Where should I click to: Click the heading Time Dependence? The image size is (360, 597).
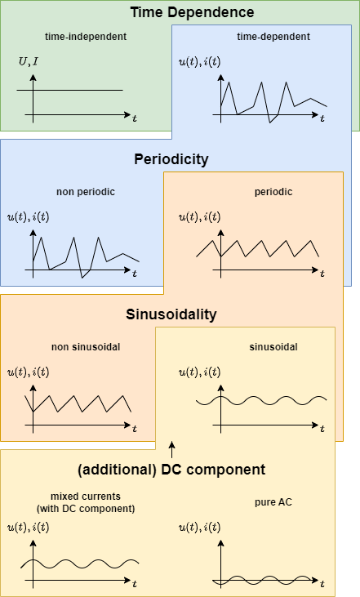click(x=193, y=12)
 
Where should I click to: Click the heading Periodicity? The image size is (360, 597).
click(x=171, y=159)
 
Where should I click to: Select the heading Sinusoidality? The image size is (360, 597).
click(x=171, y=314)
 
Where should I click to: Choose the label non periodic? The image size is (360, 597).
click(x=85, y=192)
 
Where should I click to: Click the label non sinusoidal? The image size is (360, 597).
click(x=85, y=347)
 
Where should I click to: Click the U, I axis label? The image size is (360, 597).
click(x=28, y=62)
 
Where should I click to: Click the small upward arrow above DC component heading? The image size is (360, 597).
click(x=171, y=448)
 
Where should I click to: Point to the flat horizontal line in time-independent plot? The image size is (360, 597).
click(x=78, y=90)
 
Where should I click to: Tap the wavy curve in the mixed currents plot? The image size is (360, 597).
click(x=82, y=564)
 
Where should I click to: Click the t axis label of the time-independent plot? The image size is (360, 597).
click(x=135, y=118)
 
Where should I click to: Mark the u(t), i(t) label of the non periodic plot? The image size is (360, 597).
click(x=28, y=217)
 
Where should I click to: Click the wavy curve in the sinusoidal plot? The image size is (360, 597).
click(x=261, y=400)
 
